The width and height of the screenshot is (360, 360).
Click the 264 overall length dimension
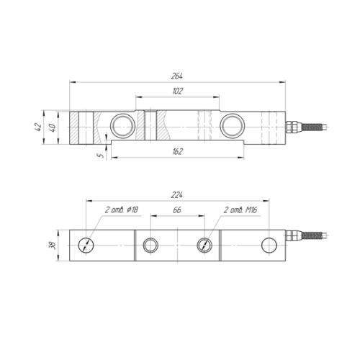177,76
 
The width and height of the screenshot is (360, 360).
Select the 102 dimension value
177,91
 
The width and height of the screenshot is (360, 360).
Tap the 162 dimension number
177,152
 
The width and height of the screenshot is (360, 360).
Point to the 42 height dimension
38,127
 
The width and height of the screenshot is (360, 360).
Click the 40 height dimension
53,127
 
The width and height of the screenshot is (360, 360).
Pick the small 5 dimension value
101,156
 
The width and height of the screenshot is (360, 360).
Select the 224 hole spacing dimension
177,195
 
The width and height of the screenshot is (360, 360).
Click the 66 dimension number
177,210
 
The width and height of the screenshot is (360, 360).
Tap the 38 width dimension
53,246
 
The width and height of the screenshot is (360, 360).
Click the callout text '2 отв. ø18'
122,210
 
